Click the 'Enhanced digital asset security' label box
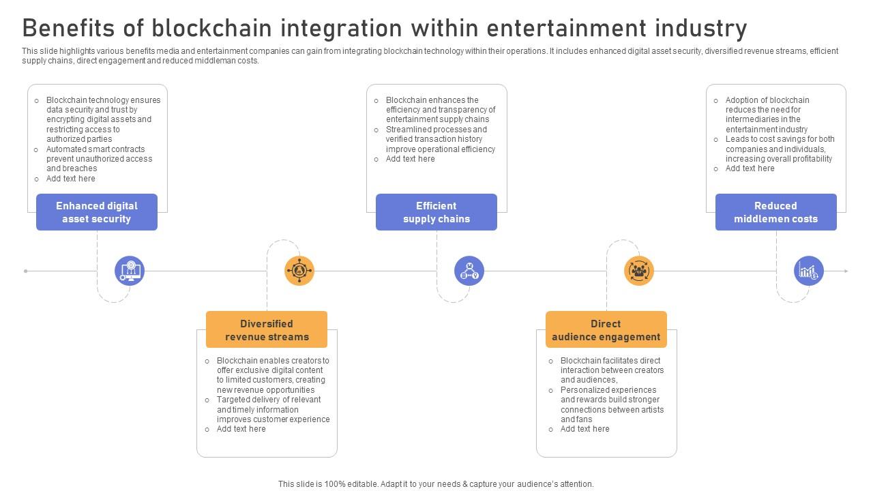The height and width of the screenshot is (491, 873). [x=97, y=212]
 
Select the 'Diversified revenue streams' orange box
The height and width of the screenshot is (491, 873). [x=267, y=330]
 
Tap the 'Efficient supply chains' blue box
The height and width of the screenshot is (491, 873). [x=436, y=212]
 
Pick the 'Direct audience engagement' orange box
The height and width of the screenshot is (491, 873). [x=606, y=330]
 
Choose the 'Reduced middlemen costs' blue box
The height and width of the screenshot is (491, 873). [x=776, y=212]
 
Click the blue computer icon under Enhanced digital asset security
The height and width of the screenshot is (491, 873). [x=130, y=271]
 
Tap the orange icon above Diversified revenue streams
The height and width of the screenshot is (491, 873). [x=299, y=271]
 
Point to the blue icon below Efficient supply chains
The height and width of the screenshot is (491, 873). [x=469, y=271]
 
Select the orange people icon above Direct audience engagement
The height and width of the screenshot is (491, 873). [x=639, y=271]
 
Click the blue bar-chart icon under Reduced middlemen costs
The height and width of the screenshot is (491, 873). [x=809, y=271]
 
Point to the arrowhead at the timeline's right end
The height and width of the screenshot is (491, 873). [x=846, y=271]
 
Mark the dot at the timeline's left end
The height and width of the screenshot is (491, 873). [x=26, y=271]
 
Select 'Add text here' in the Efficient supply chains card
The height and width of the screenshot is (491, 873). [x=410, y=159]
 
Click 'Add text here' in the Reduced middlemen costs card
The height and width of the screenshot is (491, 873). [x=750, y=168]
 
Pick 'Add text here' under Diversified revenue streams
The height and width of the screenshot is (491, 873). [x=241, y=429]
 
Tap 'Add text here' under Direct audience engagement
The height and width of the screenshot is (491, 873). [x=585, y=429]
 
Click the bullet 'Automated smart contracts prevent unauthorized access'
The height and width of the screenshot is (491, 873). [x=99, y=159]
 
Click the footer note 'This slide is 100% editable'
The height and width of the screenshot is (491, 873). [x=436, y=484]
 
